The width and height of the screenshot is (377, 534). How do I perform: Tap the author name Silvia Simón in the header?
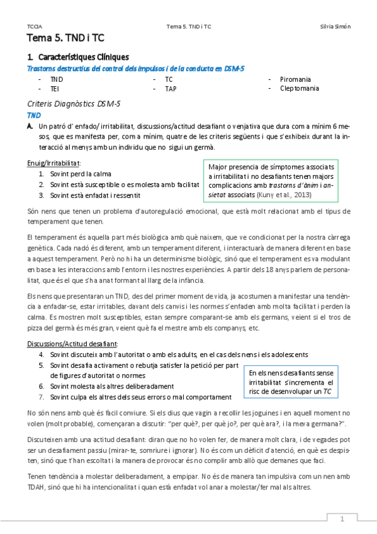coord(335,26)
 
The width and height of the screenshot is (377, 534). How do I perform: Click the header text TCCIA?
coord(35,26)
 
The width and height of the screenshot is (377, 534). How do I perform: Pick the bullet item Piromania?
coord(295,79)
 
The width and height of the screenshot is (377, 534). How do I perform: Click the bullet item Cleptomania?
coord(300,89)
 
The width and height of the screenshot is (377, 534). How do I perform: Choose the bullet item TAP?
coord(171,89)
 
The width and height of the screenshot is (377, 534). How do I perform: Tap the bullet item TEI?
coord(55,89)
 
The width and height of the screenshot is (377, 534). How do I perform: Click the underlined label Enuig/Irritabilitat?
coord(54,163)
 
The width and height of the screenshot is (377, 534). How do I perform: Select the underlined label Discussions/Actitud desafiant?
coord(72,344)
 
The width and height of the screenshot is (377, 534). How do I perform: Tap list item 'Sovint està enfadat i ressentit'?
coord(95,195)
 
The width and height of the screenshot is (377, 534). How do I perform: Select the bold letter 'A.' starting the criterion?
coord(30,126)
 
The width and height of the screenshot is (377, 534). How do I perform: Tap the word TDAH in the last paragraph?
coord(38,486)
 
